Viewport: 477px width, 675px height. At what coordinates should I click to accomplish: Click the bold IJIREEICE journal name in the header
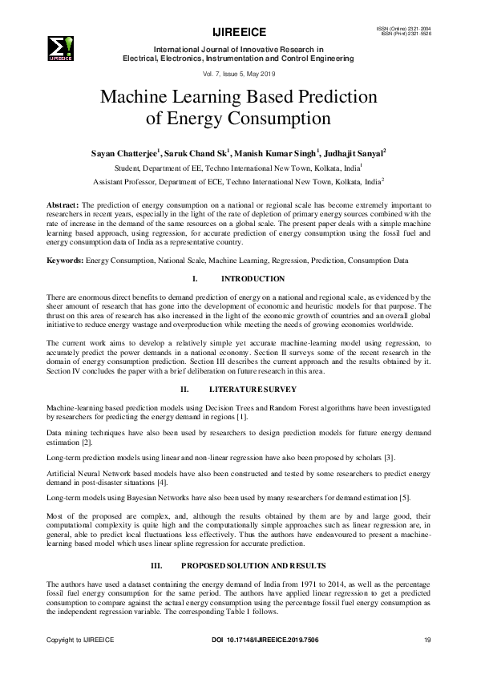(x=237, y=33)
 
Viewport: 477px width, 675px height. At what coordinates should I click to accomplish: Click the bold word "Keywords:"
(x=66, y=261)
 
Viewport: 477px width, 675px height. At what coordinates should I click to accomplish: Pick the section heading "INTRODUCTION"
(x=252, y=279)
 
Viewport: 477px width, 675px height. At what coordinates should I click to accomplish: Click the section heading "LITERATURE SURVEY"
(x=252, y=390)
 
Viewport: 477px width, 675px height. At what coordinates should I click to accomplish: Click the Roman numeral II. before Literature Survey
(x=184, y=390)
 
